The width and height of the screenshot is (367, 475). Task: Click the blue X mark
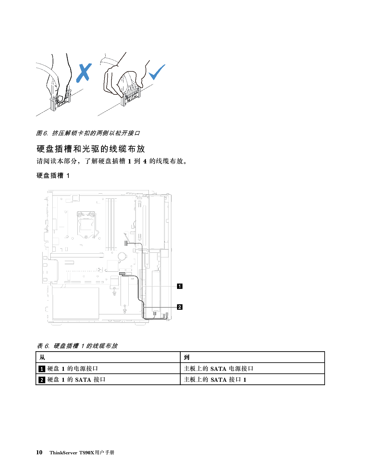tap(84, 72)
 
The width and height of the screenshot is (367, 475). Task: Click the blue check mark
tap(157, 72)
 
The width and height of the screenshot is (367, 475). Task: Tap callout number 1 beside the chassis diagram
tap(180, 286)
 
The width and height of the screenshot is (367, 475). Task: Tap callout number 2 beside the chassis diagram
tap(180, 307)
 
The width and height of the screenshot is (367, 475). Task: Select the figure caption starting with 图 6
tap(88, 133)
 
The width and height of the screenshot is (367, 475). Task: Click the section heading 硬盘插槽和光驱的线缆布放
tap(91, 149)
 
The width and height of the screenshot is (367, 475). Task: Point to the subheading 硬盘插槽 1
tap(53, 176)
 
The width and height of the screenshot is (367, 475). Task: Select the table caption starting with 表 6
tap(77, 346)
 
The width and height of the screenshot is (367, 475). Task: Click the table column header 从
tap(42, 357)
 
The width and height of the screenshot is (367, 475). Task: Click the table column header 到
tap(187, 357)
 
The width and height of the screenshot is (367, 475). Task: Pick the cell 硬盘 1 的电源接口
tap(73, 368)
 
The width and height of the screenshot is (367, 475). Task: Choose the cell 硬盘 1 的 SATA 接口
tap(76, 380)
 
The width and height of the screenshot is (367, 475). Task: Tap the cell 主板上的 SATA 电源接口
tap(218, 368)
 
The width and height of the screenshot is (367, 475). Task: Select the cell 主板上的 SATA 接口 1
tap(215, 380)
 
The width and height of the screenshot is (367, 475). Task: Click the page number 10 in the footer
tap(39, 452)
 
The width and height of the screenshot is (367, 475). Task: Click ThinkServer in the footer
tap(63, 453)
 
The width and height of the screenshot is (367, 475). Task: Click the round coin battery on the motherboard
tap(122, 256)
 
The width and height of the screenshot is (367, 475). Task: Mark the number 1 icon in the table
tap(42, 369)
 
